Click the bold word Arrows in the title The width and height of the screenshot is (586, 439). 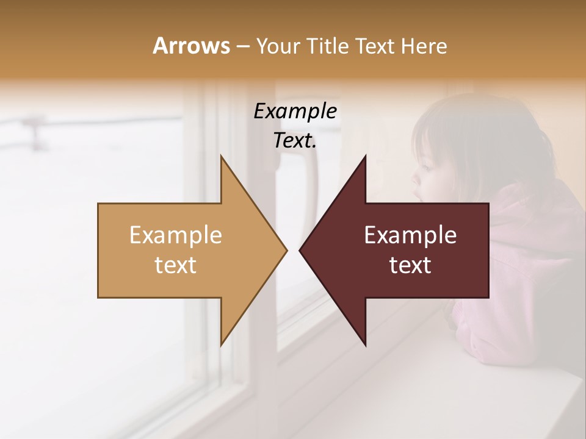click(191, 46)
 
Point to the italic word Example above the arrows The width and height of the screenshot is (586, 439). click(295, 111)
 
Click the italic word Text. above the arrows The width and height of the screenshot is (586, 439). click(295, 140)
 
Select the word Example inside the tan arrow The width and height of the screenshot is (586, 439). click(176, 235)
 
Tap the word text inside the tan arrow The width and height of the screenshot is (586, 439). click(176, 265)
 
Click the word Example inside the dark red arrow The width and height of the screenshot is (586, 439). click(410, 235)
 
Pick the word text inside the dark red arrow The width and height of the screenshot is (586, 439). click(410, 265)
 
